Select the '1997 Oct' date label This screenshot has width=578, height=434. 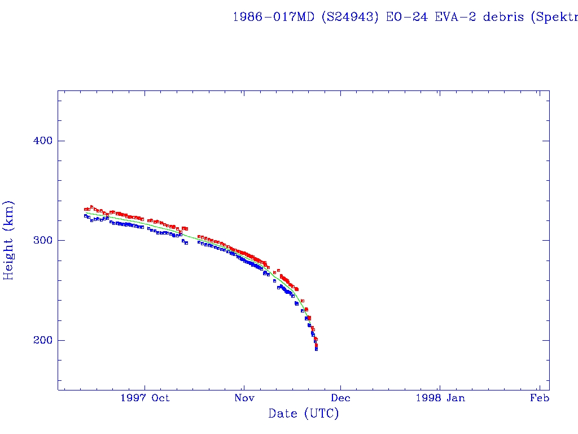pyautogui.click(x=145, y=398)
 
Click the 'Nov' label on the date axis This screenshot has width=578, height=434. pyautogui.click(x=243, y=398)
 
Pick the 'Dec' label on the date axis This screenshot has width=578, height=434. pyautogui.click(x=341, y=398)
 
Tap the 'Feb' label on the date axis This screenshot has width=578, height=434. pyautogui.click(x=540, y=398)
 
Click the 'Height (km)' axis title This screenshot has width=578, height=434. pyautogui.click(x=8, y=240)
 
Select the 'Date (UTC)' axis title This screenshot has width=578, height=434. pyautogui.click(x=304, y=414)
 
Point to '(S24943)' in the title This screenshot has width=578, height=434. pyautogui.click(x=350, y=17)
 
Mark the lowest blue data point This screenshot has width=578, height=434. pyautogui.click(x=316, y=349)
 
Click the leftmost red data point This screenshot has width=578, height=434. pyautogui.click(x=85, y=210)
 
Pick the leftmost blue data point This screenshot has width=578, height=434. pyautogui.click(x=85, y=216)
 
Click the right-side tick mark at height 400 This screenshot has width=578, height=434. pyautogui.click(x=546, y=141)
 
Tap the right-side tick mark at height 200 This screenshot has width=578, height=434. pyautogui.click(x=546, y=340)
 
